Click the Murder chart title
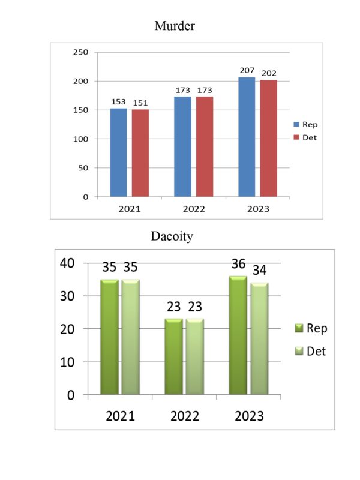pos(175,26)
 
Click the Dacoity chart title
pos(172,236)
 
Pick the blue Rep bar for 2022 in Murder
pos(182,146)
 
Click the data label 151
pos(140,103)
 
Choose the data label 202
pos(269,74)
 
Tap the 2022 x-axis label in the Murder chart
pos(193,209)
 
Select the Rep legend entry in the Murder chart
pos(305,125)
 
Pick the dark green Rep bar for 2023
pos(238,335)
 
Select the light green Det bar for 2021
pos(131,337)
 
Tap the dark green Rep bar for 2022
pos(173,356)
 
